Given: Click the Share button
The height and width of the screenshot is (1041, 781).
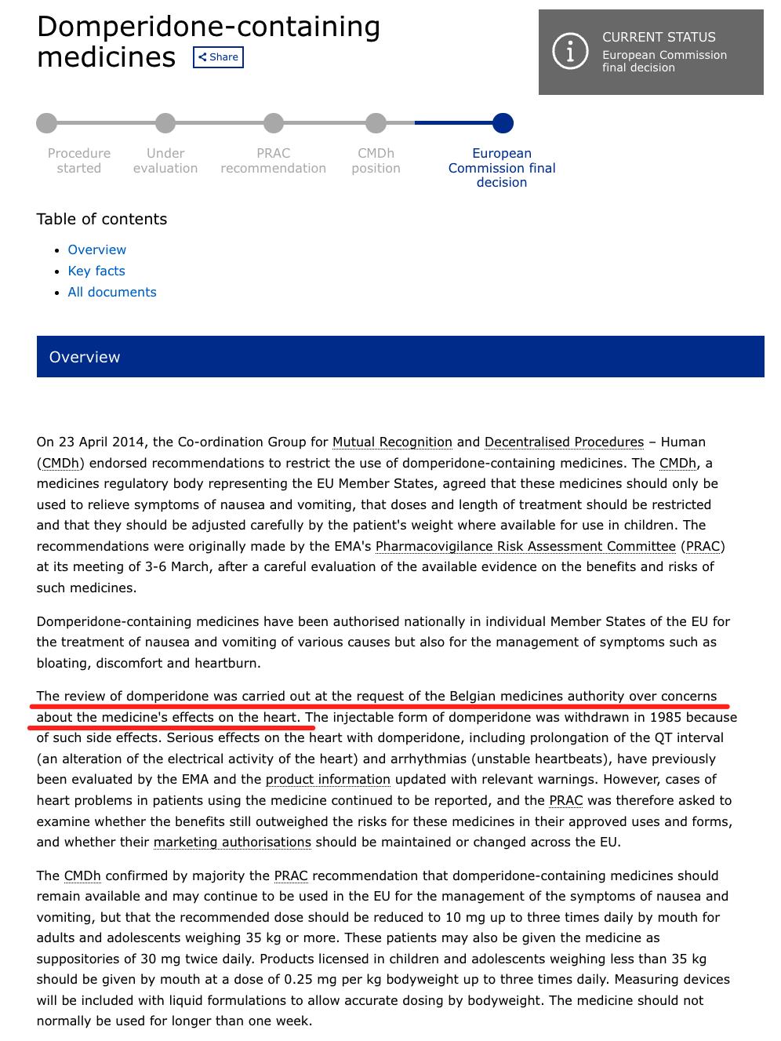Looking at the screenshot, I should (x=218, y=57).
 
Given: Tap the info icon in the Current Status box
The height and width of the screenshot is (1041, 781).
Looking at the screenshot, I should (x=570, y=52).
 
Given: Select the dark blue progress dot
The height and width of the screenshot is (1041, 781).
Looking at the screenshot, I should (x=503, y=123).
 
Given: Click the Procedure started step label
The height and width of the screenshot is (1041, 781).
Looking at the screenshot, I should (x=79, y=161).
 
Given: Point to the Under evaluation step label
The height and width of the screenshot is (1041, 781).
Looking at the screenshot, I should (x=165, y=161).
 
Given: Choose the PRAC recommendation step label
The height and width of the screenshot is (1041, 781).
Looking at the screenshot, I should (x=273, y=161).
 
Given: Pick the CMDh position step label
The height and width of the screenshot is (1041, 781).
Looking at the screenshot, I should (x=376, y=161).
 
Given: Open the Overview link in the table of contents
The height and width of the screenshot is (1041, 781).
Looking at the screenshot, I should (x=96, y=249).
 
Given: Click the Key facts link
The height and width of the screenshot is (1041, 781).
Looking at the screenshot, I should (x=96, y=271).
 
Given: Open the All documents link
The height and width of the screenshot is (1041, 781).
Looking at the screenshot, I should (x=112, y=292).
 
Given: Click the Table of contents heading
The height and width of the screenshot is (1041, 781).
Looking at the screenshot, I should (x=102, y=219).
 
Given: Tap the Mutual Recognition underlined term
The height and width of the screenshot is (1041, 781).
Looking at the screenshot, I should (x=392, y=442).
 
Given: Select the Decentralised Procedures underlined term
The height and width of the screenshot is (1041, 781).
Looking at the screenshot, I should (x=564, y=442).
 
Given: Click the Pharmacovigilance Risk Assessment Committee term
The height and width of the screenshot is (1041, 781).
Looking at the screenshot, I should (x=525, y=546).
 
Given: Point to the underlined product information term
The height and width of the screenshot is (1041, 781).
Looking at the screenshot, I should (x=328, y=779).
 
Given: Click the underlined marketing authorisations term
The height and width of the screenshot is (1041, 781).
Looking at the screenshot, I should (x=232, y=842).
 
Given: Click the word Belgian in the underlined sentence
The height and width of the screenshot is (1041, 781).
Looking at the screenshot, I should (x=473, y=696).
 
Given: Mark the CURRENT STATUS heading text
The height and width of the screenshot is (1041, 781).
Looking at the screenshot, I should (x=659, y=37).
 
